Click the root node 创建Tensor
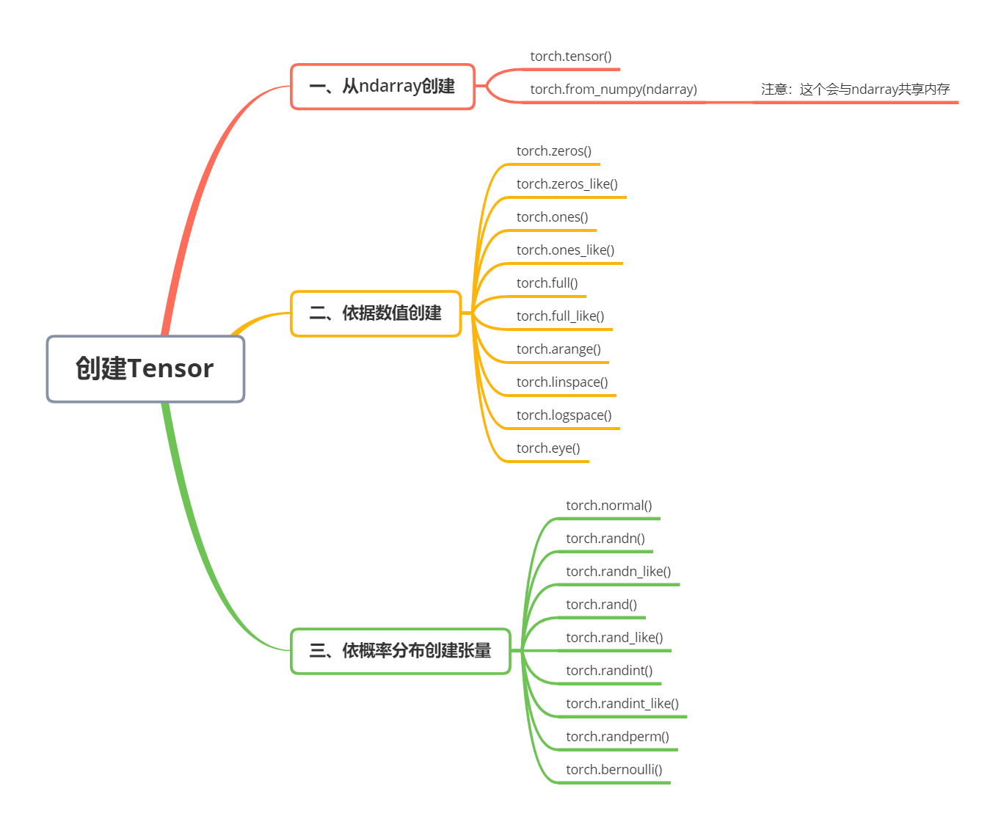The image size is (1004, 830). (x=145, y=369)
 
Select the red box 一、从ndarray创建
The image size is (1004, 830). (x=382, y=87)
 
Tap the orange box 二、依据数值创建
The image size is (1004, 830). (x=376, y=313)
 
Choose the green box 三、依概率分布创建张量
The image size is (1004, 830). (x=400, y=651)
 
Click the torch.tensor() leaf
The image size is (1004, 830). (x=571, y=57)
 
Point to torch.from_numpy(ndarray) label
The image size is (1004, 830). (x=614, y=90)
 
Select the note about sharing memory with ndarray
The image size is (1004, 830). (x=855, y=90)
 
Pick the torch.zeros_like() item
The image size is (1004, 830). (x=567, y=184)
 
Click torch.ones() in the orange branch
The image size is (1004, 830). (x=552, y=217)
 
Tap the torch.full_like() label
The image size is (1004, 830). (x=560, y=316)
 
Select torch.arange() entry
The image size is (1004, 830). (x=559, y=349)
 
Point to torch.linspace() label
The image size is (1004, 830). (x=562, y=382)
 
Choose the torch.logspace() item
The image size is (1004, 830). (x=564, y=415)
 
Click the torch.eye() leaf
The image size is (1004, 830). (x=548, y=448)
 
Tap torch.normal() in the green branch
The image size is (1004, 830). (x=608, y=506)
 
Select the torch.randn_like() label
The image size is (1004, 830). (x=619, y=572)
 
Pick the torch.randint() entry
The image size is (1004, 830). (x=609, y=671)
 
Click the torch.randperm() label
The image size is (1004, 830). (x=617, y=737)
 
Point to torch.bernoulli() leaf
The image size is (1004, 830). (x=614, y=770)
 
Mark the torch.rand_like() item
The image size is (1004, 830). (x=614, y=638)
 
